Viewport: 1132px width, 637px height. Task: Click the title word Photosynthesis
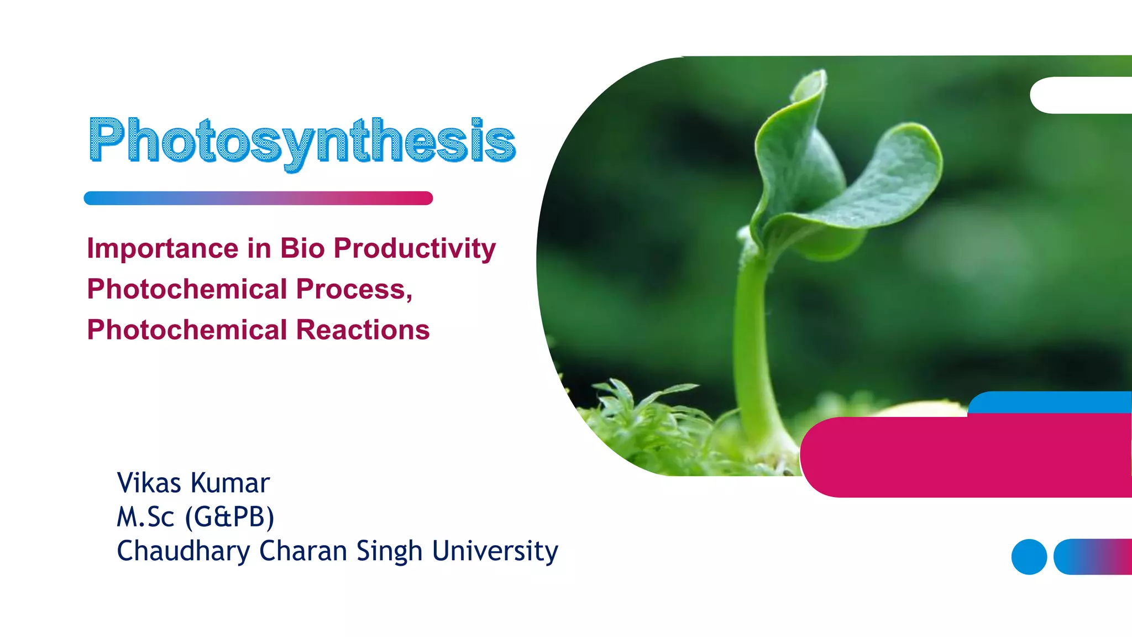click(302, 140)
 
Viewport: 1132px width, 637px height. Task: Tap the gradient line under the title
click(258, 198)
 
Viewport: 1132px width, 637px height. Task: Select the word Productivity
click(415, 248)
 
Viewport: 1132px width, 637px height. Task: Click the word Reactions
click(363, 330)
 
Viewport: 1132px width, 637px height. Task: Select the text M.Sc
click(145, 517)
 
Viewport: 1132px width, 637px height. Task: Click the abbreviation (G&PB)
click(229, 517)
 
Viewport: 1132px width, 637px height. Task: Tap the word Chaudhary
click(183, 551)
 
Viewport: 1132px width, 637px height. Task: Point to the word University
click(495, 551)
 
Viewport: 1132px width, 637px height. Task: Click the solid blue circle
click(1029, 557)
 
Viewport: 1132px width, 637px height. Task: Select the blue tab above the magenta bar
click(1050, 401)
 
